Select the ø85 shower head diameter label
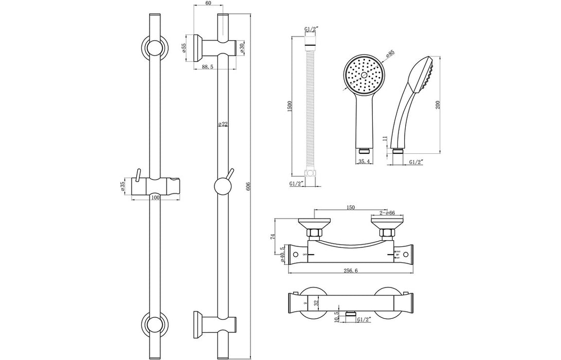(389, 53)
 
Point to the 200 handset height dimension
(437, 104)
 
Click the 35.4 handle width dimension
(364, 161)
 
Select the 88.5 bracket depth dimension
(208, 67)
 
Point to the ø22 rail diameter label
(223, 124)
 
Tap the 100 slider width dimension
(155, 196)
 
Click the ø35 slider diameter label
(124, 186)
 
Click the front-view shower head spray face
(364, 75)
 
